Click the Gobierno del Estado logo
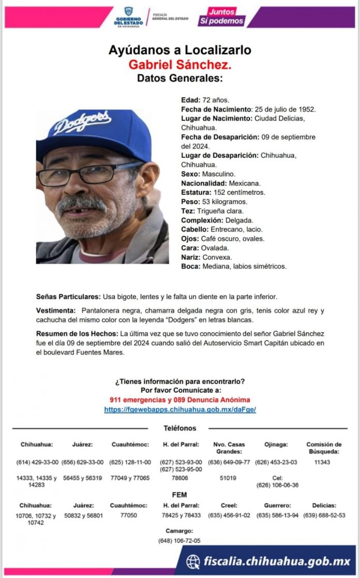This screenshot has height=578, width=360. pos(128,17)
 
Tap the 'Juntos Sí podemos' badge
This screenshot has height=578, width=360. pos(221,17)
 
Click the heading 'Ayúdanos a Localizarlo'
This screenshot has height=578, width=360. pos(179,50)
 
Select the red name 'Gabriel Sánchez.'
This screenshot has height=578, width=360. pos(179,65)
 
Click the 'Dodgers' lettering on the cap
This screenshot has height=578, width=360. pos(83,123)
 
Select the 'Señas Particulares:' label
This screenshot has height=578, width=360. pos(68,297)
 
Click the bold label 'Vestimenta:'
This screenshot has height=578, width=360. pos(56,310)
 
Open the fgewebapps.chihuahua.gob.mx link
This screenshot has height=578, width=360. pos(180,409)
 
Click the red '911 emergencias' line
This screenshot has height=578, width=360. pos(180,400)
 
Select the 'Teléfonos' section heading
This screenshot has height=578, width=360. pos(180,428)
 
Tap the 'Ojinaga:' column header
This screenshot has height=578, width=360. pos(276,444)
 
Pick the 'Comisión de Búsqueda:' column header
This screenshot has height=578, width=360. pos(324,448)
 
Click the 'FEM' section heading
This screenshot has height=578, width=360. pos(179,495)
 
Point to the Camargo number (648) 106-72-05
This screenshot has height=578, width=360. pos(179,541)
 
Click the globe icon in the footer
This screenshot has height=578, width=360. pos(193,561)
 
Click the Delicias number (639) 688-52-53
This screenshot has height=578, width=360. pos(324,515)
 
